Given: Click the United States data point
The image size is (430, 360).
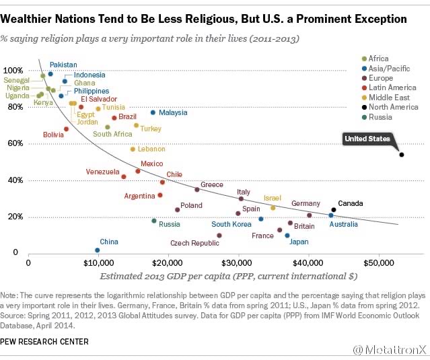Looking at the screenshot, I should [x=402, y=155].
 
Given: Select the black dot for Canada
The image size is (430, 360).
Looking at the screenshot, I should [x=333, y=209].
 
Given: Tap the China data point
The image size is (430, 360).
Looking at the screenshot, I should [x=98, y=250].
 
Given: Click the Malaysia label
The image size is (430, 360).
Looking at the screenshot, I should [x=173, y=113].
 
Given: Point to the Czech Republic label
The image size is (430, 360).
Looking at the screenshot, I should [x=194, y=243].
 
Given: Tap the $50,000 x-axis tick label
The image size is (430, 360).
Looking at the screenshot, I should [x=378, y=262].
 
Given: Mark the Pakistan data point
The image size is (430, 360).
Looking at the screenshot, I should [x=50, y=74].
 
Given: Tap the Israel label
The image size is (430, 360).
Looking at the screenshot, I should [x=272, y=199].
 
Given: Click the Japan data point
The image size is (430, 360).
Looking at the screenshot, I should [x=287, y=236].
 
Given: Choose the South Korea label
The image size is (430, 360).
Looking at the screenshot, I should [x=231, y=225].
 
